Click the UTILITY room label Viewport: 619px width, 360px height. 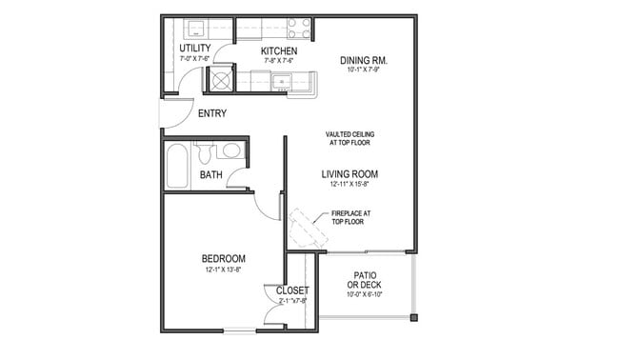click(194, 48)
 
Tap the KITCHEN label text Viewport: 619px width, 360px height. click(280, 50)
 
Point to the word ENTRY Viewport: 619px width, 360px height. click(211, 114)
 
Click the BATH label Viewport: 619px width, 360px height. click(210, 174)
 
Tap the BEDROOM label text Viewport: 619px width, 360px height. click(224, 258)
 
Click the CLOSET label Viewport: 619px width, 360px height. click(292, 290)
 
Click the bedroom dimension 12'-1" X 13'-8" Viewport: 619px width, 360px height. click(224, 270)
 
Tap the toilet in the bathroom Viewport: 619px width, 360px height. click(204, 152)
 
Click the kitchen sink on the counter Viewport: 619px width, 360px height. click(282, 83)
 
